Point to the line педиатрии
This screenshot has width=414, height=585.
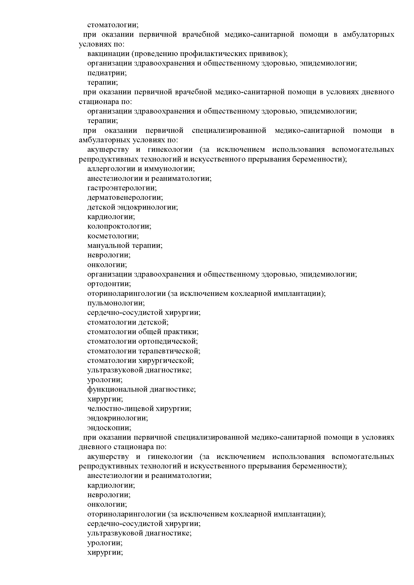pyautogui.click(x=107, y=73)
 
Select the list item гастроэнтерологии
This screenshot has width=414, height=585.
pyautogui.click(x=122, y=188)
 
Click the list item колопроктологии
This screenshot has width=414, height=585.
pyautogui.click(x=119, y=226)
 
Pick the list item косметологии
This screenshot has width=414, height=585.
pyautogui.click(x=113, y=236)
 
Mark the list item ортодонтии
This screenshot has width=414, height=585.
pyautogui.click(x=109, y=284)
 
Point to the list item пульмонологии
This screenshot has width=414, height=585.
pyautogui.click(x=116, y=303)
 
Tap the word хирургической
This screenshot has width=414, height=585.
pyautogui.click(x=166, y=361)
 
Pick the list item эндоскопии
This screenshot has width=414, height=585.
pyautogui.click(x=109, y=428)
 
